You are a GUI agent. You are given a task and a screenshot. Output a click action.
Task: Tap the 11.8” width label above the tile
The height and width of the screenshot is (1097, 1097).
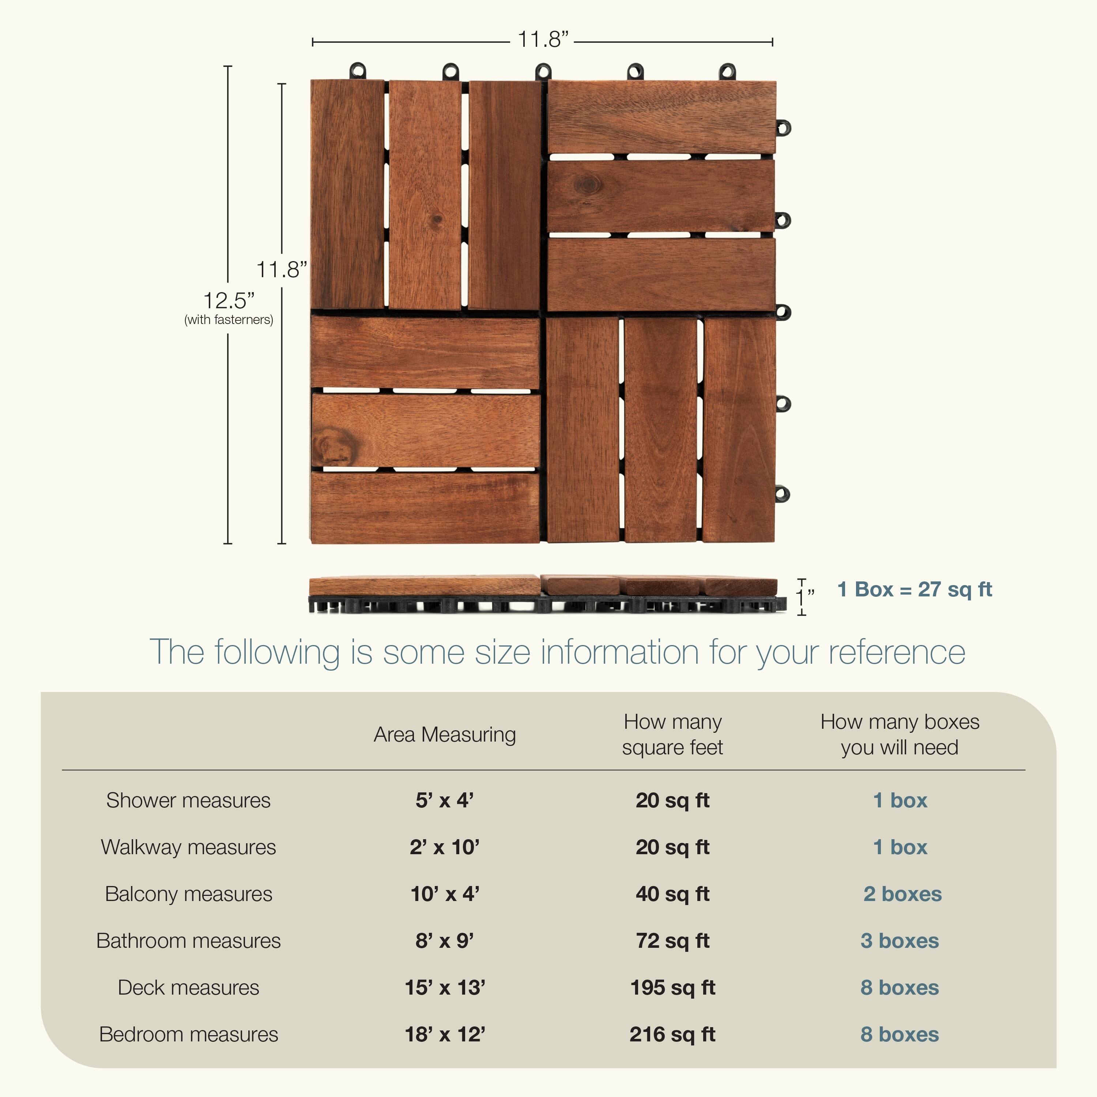point(542,40)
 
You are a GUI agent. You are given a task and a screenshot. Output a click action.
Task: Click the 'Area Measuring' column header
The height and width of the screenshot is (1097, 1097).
point(445,734)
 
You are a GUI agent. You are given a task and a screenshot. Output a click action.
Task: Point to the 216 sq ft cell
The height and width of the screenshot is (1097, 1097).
point(672,1034)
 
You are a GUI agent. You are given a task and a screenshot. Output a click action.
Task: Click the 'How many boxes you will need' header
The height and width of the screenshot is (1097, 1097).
point(900,734)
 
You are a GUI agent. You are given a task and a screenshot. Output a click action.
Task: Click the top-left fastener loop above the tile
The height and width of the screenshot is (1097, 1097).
point(358,71)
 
